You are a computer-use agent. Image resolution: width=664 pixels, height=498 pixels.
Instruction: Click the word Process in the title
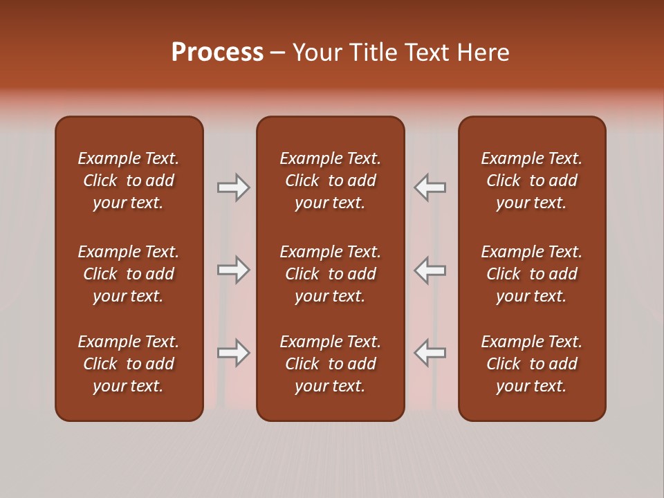(217, 53)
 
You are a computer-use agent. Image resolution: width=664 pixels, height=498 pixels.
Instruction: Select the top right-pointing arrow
(234, 187)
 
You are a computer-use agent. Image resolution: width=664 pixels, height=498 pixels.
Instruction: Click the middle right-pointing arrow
(234, 270)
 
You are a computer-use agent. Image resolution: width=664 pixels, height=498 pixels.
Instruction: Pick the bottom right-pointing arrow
(234, 353)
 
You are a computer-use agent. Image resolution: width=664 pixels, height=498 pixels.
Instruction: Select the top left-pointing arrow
(430, 187)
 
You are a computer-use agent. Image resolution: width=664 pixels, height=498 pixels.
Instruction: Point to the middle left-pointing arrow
(430, 270)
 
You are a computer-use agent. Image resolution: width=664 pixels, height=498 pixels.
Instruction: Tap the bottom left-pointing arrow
(430, 353)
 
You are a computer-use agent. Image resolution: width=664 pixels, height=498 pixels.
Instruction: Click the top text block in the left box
(129, 181)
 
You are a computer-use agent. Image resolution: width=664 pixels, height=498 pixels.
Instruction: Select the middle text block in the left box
(129, 274)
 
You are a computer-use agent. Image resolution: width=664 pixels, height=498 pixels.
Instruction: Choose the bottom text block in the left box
(129, 364)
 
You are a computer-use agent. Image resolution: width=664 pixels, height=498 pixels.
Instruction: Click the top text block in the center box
(331, 181)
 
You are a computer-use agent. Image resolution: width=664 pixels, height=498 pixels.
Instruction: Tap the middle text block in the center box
(331, 274)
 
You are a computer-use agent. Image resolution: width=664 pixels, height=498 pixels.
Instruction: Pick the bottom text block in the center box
(331, 364)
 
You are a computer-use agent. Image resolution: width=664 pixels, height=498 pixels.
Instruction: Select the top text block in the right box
(532, 181)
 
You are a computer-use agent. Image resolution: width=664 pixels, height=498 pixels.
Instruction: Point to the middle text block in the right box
(532, 274)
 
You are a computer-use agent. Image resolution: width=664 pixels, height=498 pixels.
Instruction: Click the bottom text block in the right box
(532, 364)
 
